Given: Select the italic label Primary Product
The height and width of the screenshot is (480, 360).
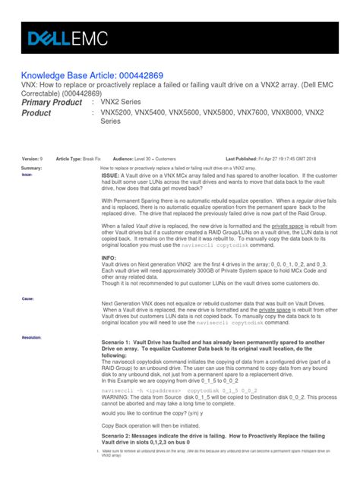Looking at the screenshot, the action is (x=52, y=103).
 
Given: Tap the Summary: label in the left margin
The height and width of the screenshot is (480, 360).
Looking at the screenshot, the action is (x=31, y=167).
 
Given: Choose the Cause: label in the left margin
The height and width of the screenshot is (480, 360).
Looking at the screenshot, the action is (x=27, y=298).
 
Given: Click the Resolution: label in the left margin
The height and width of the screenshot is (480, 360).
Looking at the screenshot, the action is (x=32, y=335).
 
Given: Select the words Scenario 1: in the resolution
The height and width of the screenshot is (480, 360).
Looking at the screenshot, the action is (x=124, y=343).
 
